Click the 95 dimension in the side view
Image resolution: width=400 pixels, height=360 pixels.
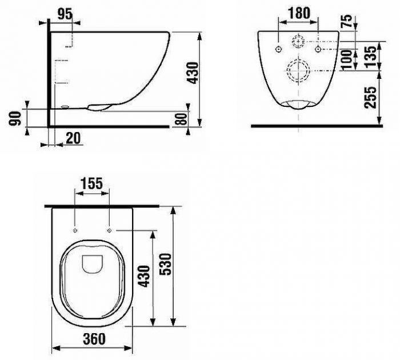pos(65,14)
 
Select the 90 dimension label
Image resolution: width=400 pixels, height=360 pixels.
pos(15,119)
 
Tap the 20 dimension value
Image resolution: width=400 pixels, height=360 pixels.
pos(73,138)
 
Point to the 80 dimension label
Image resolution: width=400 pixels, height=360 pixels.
pos(182,119)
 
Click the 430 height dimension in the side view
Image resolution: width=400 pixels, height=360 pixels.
pos(193,73)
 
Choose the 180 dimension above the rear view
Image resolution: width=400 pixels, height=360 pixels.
pos(299,13)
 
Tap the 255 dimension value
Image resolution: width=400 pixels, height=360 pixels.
pos(370,98)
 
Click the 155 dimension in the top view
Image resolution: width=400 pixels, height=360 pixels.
pos(91,183)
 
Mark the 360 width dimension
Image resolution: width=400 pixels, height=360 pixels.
pos(94,339)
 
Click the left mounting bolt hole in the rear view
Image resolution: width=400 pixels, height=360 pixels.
pos(279,49)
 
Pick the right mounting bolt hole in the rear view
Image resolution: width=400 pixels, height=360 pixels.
pos(318,49)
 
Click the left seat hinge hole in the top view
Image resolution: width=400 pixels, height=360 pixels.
pos(75,231)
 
